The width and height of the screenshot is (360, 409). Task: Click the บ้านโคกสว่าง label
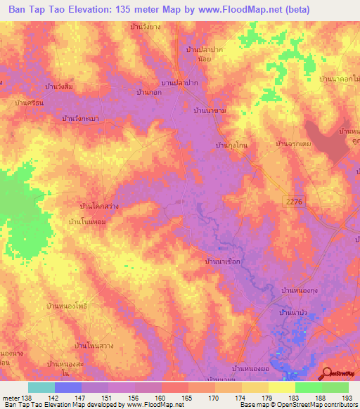point(103,207)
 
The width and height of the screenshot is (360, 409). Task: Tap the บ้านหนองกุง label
point(302,290)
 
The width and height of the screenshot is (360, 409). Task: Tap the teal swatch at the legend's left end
point(41,387)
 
